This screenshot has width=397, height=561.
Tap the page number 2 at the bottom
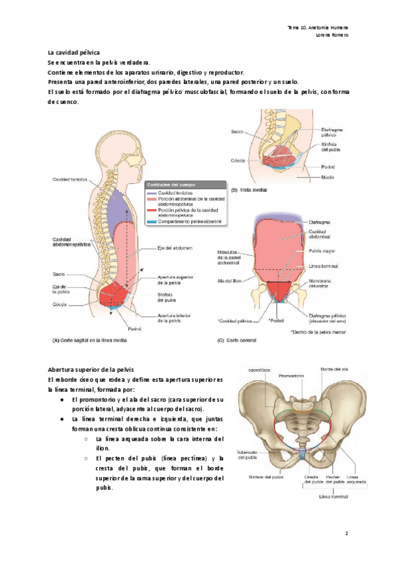tap(346, 533)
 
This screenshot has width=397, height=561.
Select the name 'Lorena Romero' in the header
tap(332, 34)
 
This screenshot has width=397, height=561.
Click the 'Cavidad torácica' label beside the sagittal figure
tap(69, 180)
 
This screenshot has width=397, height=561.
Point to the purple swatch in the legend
tap(150, 192)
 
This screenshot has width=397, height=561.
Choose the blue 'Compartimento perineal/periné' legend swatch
tap(150, 222)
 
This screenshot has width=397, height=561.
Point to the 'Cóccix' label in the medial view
tap(238, 161)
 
